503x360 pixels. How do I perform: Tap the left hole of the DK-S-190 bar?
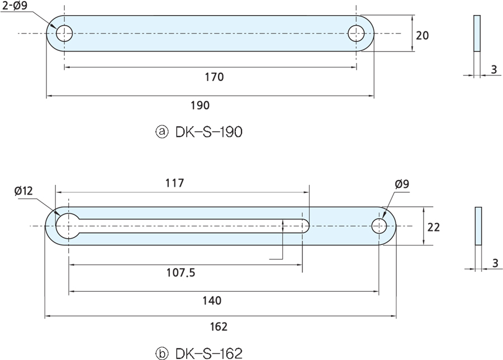[64, 34]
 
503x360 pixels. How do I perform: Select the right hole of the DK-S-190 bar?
[357, 34]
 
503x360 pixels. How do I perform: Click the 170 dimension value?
[214, 77]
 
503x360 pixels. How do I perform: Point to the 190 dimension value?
[200, 105]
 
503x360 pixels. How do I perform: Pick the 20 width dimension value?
[423, 35]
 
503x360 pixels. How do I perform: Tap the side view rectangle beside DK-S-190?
[477, 34]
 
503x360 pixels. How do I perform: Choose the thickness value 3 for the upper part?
[493, 69]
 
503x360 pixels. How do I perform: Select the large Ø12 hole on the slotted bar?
[68, 226]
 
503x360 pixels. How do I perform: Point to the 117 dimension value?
[175, 183]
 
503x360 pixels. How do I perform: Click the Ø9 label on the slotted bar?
[402, 184]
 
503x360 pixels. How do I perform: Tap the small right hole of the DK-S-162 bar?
[379, 226]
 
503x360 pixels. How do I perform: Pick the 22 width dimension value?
[433, 227]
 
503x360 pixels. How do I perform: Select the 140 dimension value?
[212, 300]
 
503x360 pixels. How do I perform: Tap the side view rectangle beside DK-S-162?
[478, 226]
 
